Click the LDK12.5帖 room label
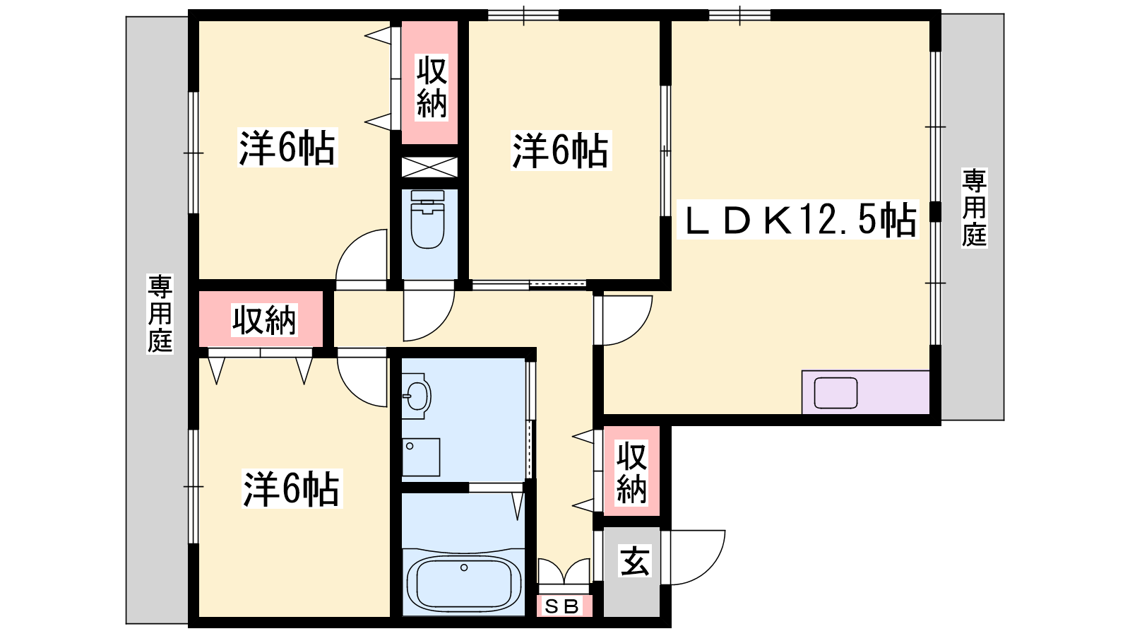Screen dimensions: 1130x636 coord(798,220)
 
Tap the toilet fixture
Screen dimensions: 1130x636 coord(427,219)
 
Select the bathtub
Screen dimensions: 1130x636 coord(463,584)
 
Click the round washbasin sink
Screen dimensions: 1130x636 coord(418,396)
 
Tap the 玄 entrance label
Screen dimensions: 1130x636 coord(635,561)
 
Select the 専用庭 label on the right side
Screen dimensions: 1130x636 coord(974,208)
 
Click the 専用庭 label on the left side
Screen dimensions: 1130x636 coord(160,314)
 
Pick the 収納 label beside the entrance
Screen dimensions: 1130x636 coord(631,473)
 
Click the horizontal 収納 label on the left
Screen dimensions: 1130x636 coord(264,320)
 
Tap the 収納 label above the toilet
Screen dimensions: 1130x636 coord(432,88)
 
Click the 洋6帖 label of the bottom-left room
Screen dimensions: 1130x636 coord(291,488)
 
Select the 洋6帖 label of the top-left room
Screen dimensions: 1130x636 coord(287,148)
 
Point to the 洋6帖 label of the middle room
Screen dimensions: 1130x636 coord(560,151)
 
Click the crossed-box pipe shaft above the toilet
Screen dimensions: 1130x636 coord(429,167)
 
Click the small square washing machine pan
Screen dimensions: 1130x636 coord(421,457)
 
